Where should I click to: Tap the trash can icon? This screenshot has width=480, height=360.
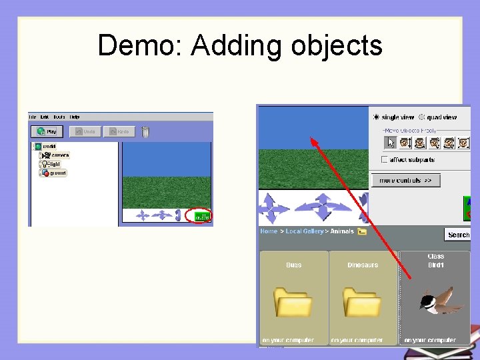[x=145, y=131]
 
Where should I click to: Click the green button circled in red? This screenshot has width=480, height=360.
[x=201, y=215]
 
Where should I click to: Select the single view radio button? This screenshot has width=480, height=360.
[x=377, y=117]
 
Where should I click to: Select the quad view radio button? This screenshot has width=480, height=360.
[x=422, y=117]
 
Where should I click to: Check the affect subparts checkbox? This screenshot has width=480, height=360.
[x=385, y=159]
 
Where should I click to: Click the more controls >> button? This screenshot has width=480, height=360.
[x=405, y=181]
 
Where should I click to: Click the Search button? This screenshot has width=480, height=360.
[x=458, y=235]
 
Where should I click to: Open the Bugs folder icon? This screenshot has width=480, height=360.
[x=293, y=303]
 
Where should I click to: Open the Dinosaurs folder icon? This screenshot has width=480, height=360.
[x=363, y=303]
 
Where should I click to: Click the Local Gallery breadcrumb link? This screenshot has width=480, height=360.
[x=304, y=231]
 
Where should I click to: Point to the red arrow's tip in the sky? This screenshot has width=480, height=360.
[x=311, y=137]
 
